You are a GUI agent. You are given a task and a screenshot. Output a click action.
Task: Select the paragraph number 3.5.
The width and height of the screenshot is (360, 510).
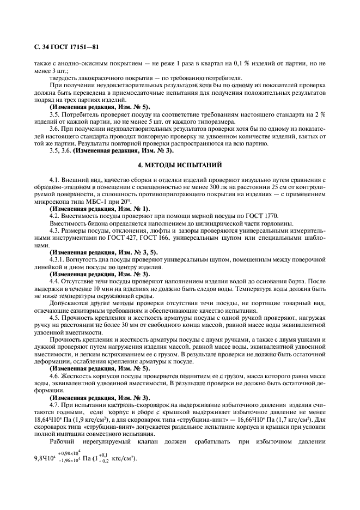pos(55,114)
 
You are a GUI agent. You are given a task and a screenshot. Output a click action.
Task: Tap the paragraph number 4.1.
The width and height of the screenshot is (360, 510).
pos(55,179)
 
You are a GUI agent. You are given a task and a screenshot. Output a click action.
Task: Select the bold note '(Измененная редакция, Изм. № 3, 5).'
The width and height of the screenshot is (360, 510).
pos(103,252)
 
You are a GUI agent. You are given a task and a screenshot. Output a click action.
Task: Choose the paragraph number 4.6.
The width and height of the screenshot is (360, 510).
pos(55,377)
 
